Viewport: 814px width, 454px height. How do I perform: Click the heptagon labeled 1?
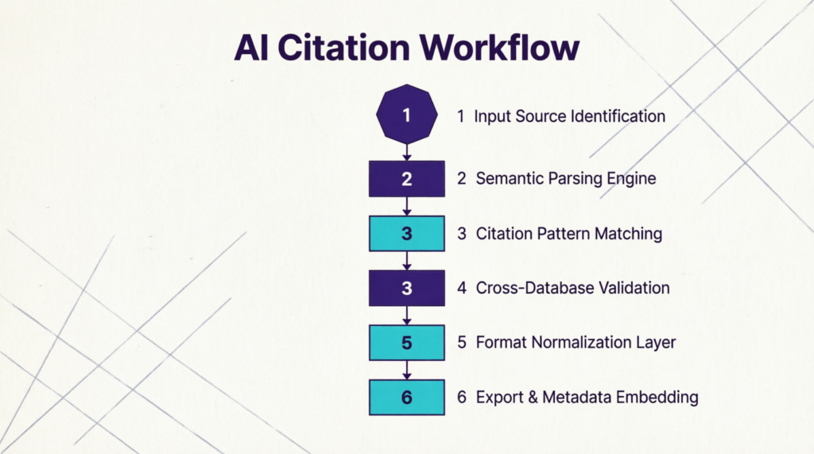pyautogui.click(x=406, y=114)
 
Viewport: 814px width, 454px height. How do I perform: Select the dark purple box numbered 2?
pyautogui.click(x=406, y=179)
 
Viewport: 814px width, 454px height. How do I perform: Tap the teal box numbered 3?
pyautogui.click(x=406, y=233)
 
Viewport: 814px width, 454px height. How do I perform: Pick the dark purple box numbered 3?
pyautogui.click(x=406, y=288)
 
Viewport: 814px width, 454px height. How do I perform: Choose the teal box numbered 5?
pyautogui.click(x=406, y=343)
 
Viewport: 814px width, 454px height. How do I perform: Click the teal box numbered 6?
pyautogui.click(x=406, y=398)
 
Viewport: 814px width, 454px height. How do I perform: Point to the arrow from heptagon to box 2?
pyautogui.click(x=406, y=153)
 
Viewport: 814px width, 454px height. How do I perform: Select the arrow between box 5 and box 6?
pyautogui.click(x=406, y=370)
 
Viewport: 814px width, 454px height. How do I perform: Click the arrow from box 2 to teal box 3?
pyautogui.click(x=406, y=206)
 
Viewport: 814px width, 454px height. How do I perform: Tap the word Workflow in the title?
pyautogui.click(x=499, y=48)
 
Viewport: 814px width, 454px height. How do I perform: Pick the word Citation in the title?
pyautogui.click(x=343, y=48)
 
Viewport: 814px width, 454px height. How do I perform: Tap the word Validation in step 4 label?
pyautogui.click(x=634, y=288)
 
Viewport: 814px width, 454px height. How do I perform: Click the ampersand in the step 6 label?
pyautogui.click(x=533, y=398)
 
